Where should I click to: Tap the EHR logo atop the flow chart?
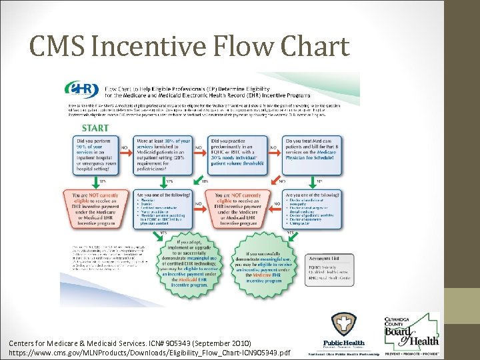(81, 89)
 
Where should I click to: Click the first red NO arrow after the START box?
(124, 148)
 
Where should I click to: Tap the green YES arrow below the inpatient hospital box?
(101, 181)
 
